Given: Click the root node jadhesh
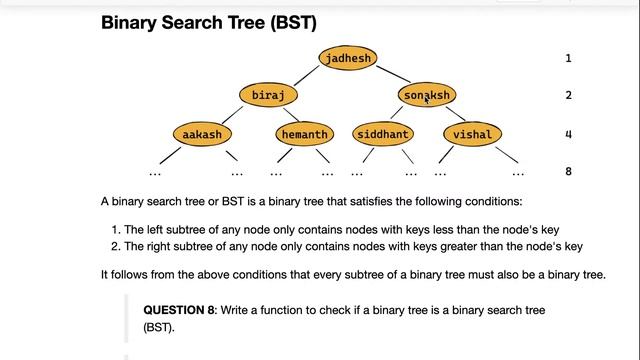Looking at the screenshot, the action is (348, 58).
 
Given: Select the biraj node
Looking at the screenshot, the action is (269, 95).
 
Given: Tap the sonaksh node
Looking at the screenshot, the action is (427, 95).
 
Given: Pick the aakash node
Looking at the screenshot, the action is (202, 134).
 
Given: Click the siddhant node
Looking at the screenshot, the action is (383, 134).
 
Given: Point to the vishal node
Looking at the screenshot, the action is (472, 134).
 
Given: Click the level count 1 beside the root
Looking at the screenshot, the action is (568, 58).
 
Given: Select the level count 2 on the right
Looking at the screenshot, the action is (568, 95).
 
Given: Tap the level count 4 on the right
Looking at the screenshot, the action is (568, 134).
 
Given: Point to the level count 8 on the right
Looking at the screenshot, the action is (568, 171).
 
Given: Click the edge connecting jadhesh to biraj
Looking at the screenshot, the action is (306, 77).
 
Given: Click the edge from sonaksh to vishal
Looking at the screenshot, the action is (451, 115).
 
